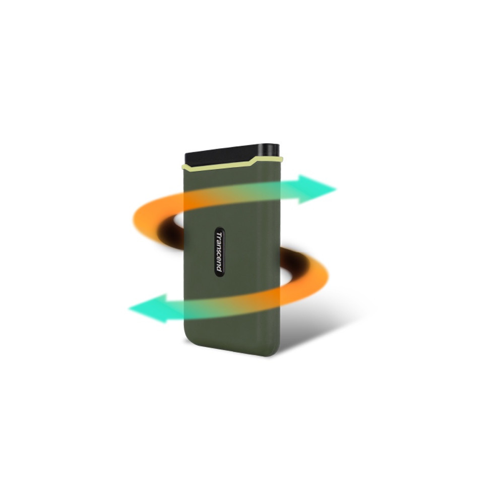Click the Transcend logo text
pyautogui.click(x=219, y=251)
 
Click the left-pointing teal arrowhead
pyautogui.click(x=148, y=308)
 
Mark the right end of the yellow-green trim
pyautogui.click(x=282, y=158)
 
